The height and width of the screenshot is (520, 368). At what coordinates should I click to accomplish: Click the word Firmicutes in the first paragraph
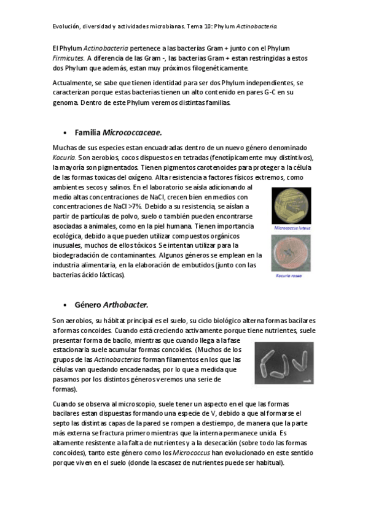point(68,58)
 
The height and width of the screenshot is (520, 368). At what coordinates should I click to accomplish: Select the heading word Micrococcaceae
point(132,132)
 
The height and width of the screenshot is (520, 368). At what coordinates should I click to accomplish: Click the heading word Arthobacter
point(125,304)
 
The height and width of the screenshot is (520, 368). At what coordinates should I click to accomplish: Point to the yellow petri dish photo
point(291,206)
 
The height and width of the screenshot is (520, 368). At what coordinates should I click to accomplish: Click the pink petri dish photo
point(291,253)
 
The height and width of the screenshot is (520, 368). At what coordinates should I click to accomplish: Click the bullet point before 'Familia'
point(65,132)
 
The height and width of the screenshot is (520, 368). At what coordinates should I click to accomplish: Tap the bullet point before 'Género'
point(65,305)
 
